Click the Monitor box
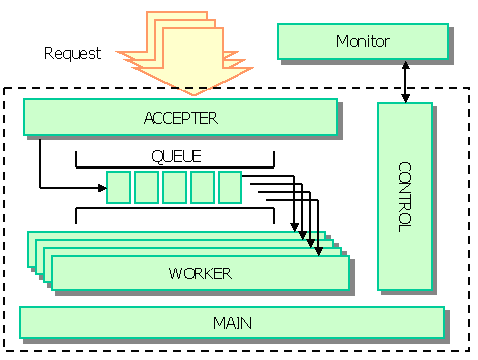pyautogui.click(x=362, y=42)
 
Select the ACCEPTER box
pyautogui.click(x=179, y=118)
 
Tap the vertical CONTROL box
pyautogui.click(x=404, y=196)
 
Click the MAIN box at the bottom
pyautogui.click(x=232, y=322)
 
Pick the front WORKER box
pyautogui.click(x=200, y=273)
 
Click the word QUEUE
pyautogui.click(x=175, y=155)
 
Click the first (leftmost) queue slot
pyautogui.click(x=118, y=186)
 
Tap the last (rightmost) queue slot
pyautogui.click(x=230, y=186)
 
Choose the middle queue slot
pyautogui.click(x=174, y=186)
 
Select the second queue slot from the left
pyautogui.click(x=146, y=186)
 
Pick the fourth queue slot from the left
pyautogui.click(x=202, y=186)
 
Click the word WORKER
pyautogui.click(x=200, y=273)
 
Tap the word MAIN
pyautogui.click(x=232, y=322)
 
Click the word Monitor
pyautogui.click(x=362, y=42)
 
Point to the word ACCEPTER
pyautogui.click(x=179, y=118)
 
